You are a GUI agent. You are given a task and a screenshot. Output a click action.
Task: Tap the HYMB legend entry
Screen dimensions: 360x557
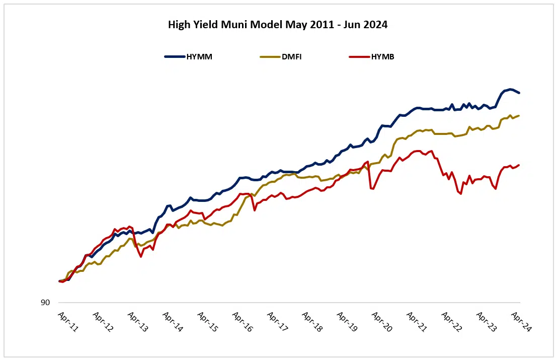pos(382,57)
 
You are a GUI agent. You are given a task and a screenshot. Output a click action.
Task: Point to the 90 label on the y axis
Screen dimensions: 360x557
pos(45,303)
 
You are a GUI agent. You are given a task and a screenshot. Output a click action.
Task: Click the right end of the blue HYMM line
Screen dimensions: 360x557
pos(519,93)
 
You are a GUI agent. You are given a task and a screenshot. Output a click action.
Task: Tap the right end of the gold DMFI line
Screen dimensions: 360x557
pos(519,116)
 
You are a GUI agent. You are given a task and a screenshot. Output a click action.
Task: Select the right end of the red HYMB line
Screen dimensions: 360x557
pos(519,165)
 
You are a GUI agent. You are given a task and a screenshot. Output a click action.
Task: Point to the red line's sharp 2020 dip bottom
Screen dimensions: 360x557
pos(373,189)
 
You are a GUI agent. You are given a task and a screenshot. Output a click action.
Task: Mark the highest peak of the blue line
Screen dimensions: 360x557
pos(510,89)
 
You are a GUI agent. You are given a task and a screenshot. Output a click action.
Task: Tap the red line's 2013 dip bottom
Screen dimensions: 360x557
pos(141,257)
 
